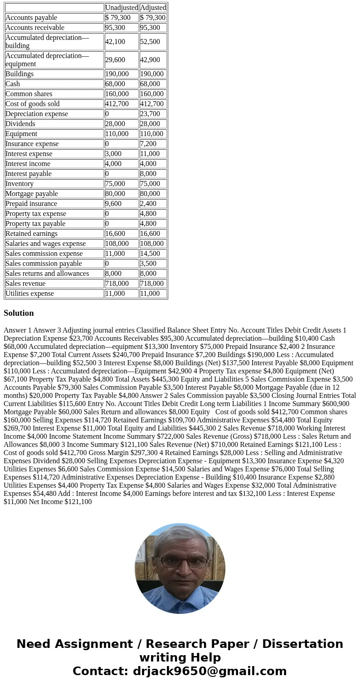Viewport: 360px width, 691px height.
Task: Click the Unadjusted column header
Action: pyautogui.click(x=122, y=8)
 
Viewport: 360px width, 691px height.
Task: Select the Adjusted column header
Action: pyautogui.click(x=153, y=8)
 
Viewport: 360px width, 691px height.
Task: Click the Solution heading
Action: pyautogui.click(x=19, y=313)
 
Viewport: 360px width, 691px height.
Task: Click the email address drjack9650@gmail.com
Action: pyautogui.click(x=209, y=671)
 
